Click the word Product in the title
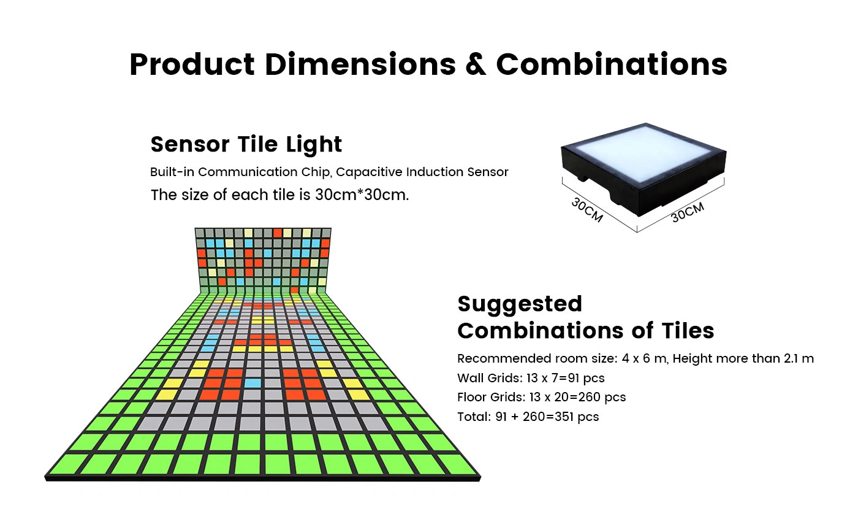pyautogui.click(x=192, y=64)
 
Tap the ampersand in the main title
pyautogui.click(x=476, y=64)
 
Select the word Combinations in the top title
pyautogui.click(x=612, y=64)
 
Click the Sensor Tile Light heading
pyautogui.click(x=246, y=145)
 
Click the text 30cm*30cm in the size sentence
pyautogui.click(x=362, y=195)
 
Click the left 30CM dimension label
pyautogui.click(x=587, y=210)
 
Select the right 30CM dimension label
pyautogui.click(x=688, y=212)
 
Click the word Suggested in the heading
pyautogui.click(x=520, y=304)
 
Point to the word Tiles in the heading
pyautogui.click(x=688, y=331)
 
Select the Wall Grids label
pyautogui.click(x=490, y=378)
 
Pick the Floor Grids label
pyautogui.click(x=492, y=397)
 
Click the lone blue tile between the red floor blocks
pyautogui.click(x=252, y=383)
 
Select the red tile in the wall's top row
pyautogui.click(x=277, y=233)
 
